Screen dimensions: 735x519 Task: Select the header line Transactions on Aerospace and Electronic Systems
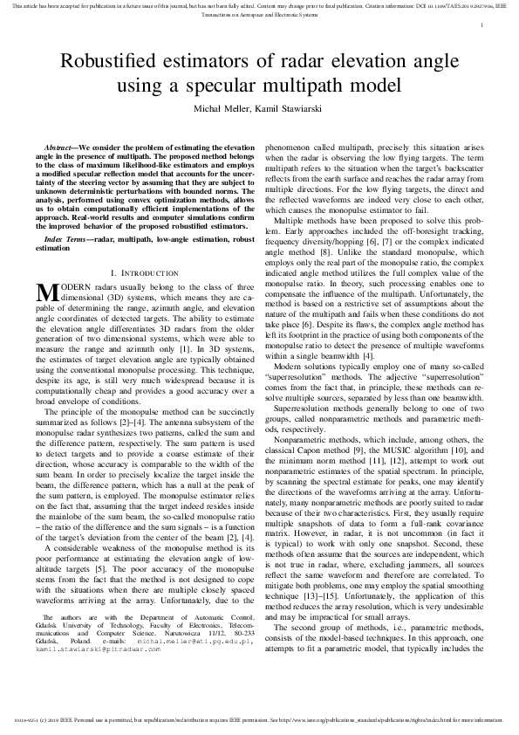click(259, 15)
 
